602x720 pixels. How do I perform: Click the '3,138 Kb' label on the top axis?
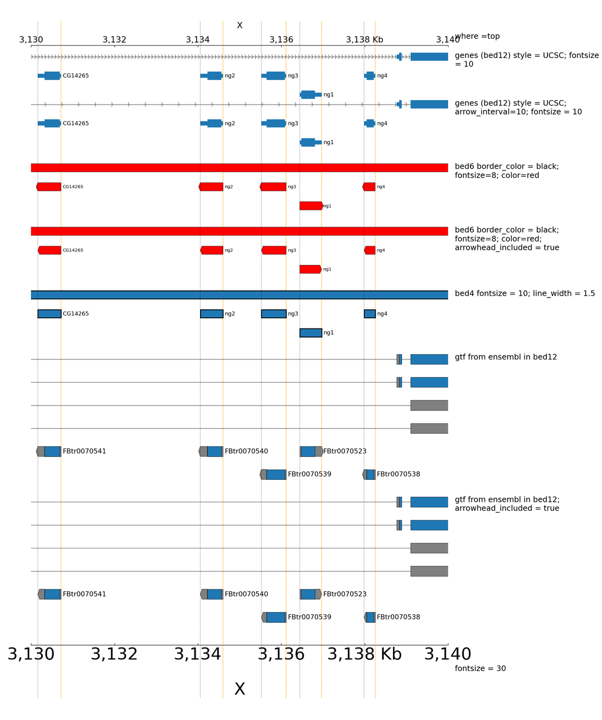(364, 39)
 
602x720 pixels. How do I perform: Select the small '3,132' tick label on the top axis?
(114, 39)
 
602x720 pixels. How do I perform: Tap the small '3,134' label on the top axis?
(198, 39)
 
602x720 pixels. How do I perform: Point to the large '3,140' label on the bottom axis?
(447, 654)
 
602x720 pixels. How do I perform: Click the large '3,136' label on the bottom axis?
(281, 654)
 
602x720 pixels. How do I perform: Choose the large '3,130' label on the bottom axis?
(31, 654)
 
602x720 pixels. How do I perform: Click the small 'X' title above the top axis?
(239, 25)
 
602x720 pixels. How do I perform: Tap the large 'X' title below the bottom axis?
(239, 689)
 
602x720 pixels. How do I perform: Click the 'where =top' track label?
(477, 36)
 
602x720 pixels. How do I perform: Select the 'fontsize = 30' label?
(480, 668)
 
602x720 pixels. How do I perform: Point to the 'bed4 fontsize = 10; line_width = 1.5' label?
(524, 293)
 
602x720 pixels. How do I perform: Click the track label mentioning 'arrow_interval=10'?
(518, 107)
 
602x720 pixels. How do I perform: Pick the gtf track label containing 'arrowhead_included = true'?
(506, 503)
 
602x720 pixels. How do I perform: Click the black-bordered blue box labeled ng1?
(311, 333)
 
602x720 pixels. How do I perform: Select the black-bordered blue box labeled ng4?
(370, 314)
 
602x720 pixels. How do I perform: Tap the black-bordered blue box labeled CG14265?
(49, 314)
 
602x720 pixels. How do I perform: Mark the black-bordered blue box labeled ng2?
(211, 314)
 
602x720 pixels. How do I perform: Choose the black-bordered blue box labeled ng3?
(274, 314)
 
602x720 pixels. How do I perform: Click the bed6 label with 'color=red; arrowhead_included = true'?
(506, 238)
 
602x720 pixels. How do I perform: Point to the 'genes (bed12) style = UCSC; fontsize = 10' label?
(526, 60)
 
